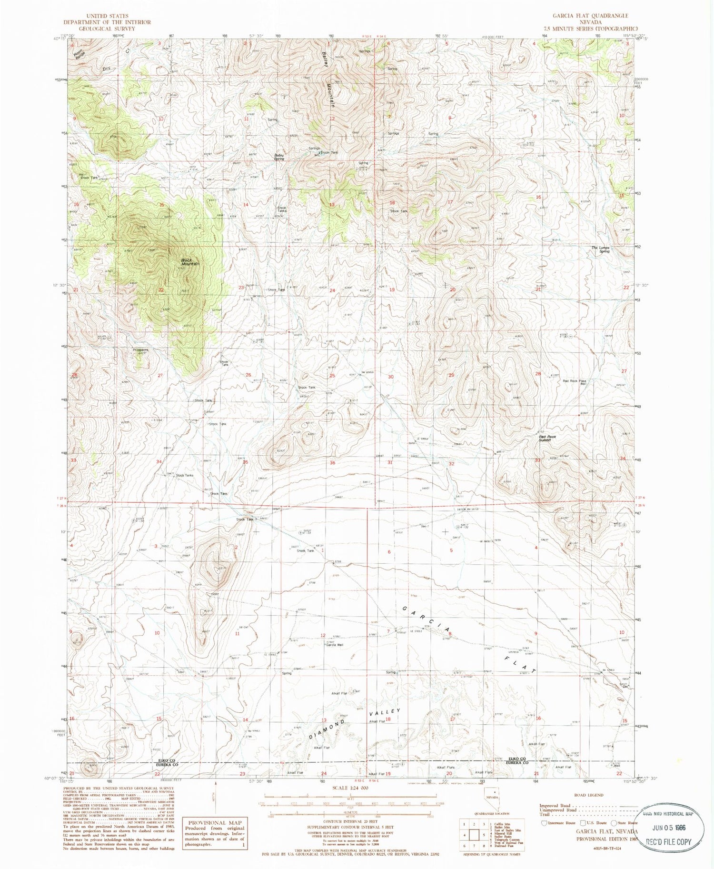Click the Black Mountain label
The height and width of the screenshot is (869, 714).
[189, 261]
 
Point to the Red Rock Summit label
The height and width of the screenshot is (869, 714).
[547, 438]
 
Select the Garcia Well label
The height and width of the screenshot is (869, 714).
[334, 645]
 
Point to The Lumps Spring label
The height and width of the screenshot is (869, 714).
[600, 249]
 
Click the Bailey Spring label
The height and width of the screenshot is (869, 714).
[279, 157]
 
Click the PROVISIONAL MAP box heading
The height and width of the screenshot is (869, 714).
[215, 822]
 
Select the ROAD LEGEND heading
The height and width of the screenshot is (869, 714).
[588, 795]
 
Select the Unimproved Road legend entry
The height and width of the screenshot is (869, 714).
[557, 809]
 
